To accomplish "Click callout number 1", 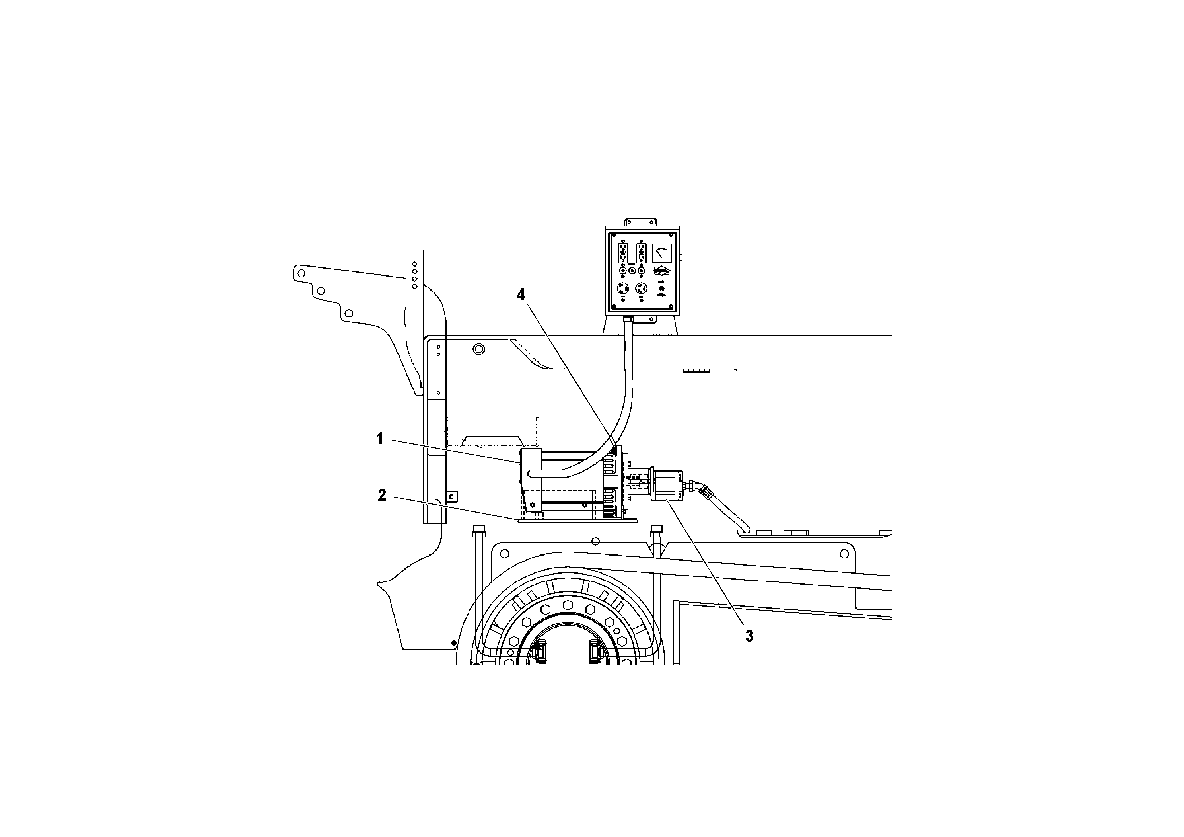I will coord(379,439).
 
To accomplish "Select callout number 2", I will coord(381,496).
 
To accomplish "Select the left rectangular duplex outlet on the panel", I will coord(622,252).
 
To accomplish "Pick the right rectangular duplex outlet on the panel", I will coord(642,252).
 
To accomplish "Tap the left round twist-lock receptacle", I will coord(622,289).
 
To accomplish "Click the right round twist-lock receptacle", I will coord(642,289).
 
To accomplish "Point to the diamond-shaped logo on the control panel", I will coord(662,271).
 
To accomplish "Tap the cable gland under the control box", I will coord(628,320).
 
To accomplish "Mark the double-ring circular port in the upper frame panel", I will coord(479,350).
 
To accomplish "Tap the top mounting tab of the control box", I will coord(642,222).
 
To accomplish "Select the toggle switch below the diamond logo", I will coord(662,289).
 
